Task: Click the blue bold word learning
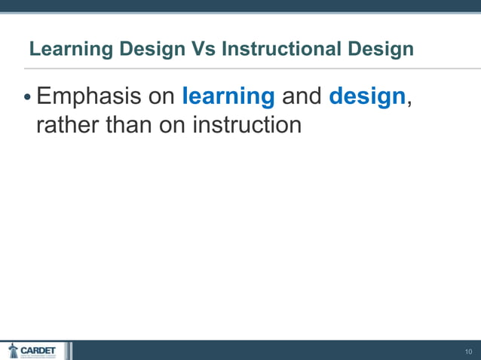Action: pos(228,97)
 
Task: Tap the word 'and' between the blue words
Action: pos(302,96)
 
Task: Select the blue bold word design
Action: pos(367,97)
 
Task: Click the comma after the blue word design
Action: pos(409,103)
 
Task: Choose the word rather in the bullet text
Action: pos(67,124)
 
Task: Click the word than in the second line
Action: pos(128,124)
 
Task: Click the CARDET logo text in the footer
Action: pos(38,350)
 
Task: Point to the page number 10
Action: pos(468,352)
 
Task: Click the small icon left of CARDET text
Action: pos(13,350)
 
